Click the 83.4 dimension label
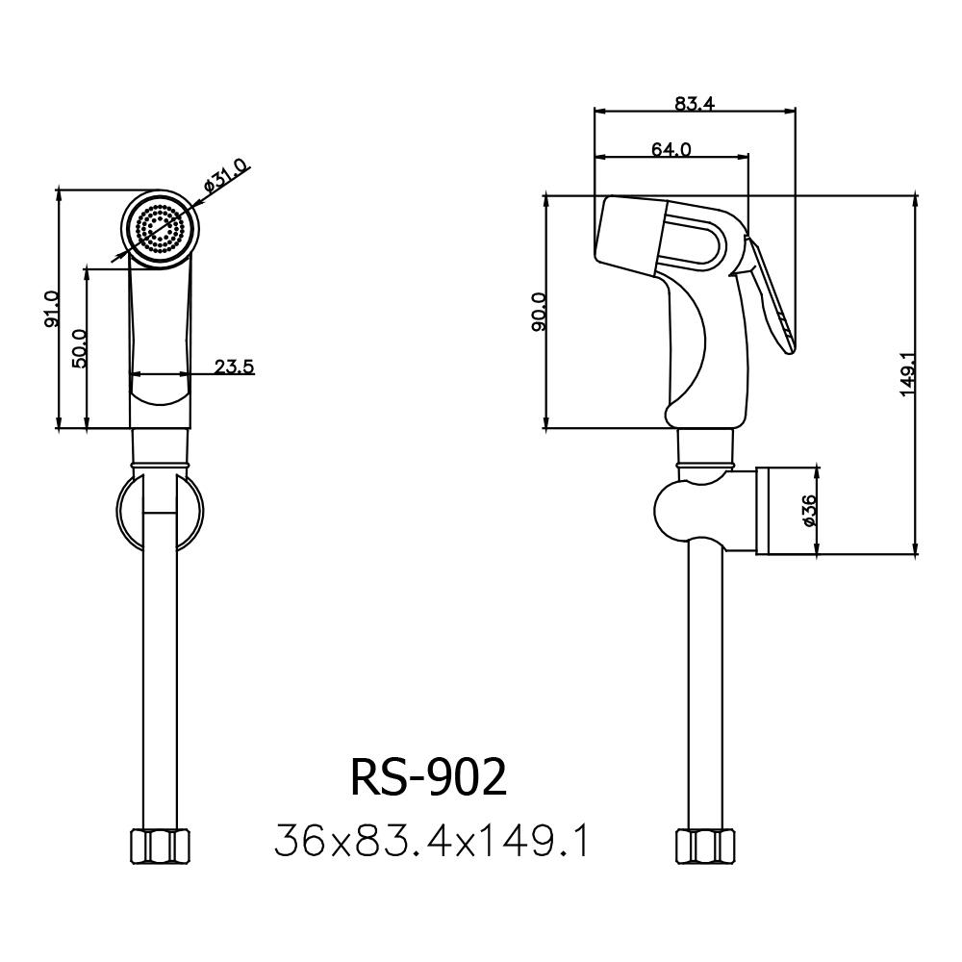pos(694,105)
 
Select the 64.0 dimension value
pos(671,149)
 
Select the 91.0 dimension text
pos(51,310)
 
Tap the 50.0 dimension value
pos(80,348)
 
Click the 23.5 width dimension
pos(234,366)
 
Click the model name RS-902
pos(427,779)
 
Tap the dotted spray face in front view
pos(160,229)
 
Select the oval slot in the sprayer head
pos(691,243)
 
